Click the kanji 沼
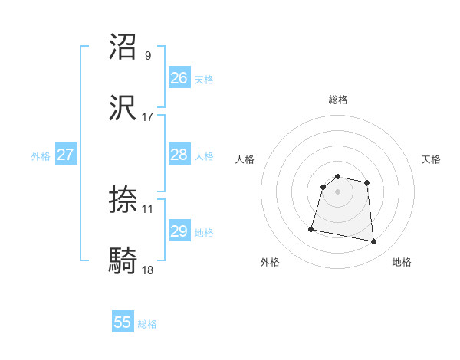(124, 47)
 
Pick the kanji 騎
(124, 261)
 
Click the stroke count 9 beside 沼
(148, 55)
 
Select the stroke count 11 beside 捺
(148, 208)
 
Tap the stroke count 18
(148, 270)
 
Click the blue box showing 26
(179, 78)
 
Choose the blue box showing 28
(179, 155)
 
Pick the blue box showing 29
(179, 231)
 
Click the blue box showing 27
(65, 155)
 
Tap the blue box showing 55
(123, 322)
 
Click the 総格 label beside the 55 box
(147, 324)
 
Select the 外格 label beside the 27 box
(41, 156)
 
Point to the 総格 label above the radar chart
(338, 100)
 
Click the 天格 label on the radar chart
(432, 159)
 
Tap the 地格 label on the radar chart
(402, 262)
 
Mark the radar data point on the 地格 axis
(374, 242)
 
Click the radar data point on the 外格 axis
(311, 228)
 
